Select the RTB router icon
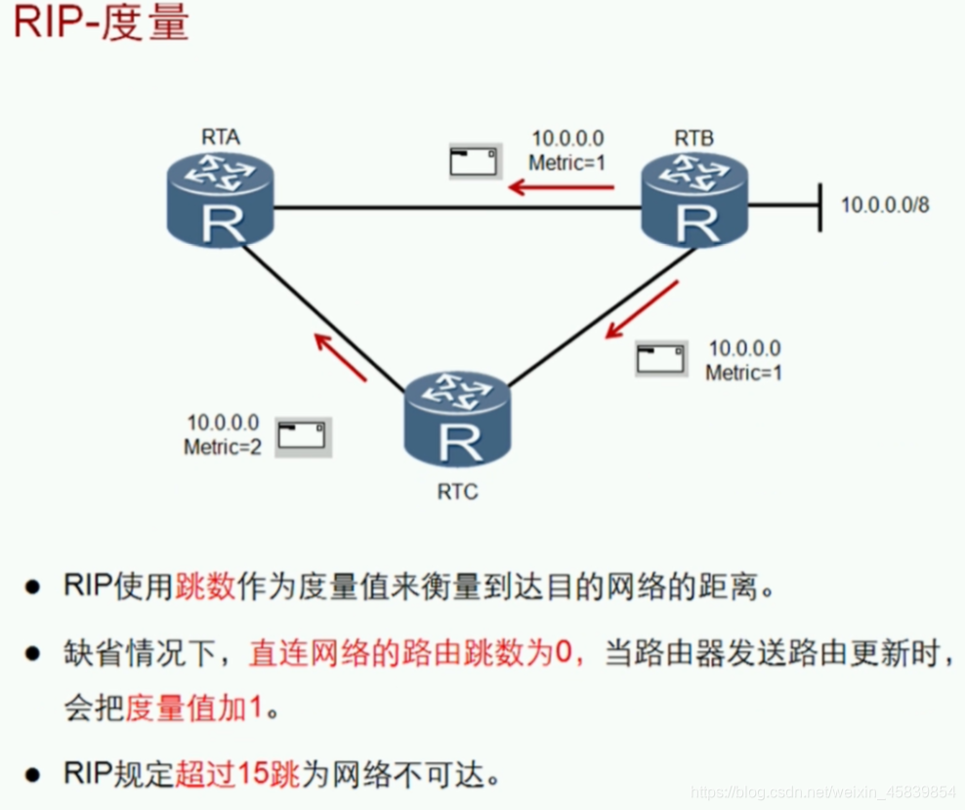click(694, 205)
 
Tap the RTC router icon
click(457, 421)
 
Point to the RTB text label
click(693, 138)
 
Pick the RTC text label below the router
click(457, 492)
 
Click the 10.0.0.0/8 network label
click(886, 205)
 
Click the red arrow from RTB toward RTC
click(642, 309)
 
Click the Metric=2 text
click(223, 448)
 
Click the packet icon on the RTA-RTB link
click(475, 162)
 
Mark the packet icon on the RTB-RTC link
click(661, 359)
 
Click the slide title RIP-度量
click(101, 25)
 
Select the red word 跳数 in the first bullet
click(205, 587)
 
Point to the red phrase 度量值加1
click(194, 708)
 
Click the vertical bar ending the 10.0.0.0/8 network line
click(820, 205)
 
